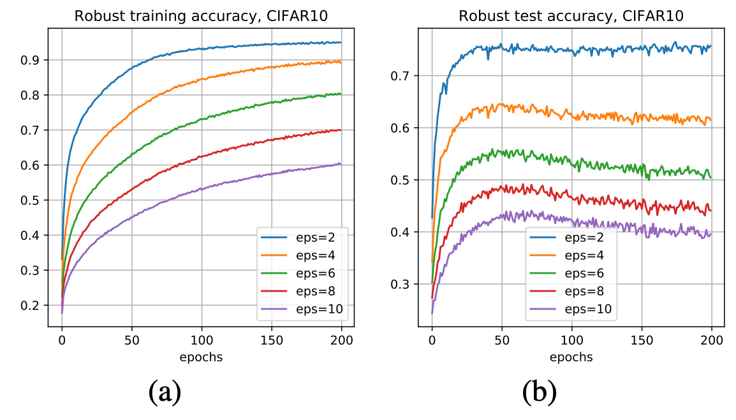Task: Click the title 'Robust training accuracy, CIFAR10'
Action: click(201, 16)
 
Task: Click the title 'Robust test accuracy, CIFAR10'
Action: click(571, 16)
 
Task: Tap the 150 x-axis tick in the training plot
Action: click(271, 341)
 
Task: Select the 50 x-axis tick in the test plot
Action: click(501, 341)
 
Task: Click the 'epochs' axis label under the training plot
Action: click(201, 357)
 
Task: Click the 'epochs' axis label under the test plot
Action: click(571, 357)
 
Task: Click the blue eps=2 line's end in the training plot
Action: click(341, 43)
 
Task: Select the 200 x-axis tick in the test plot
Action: click(711, 341)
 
